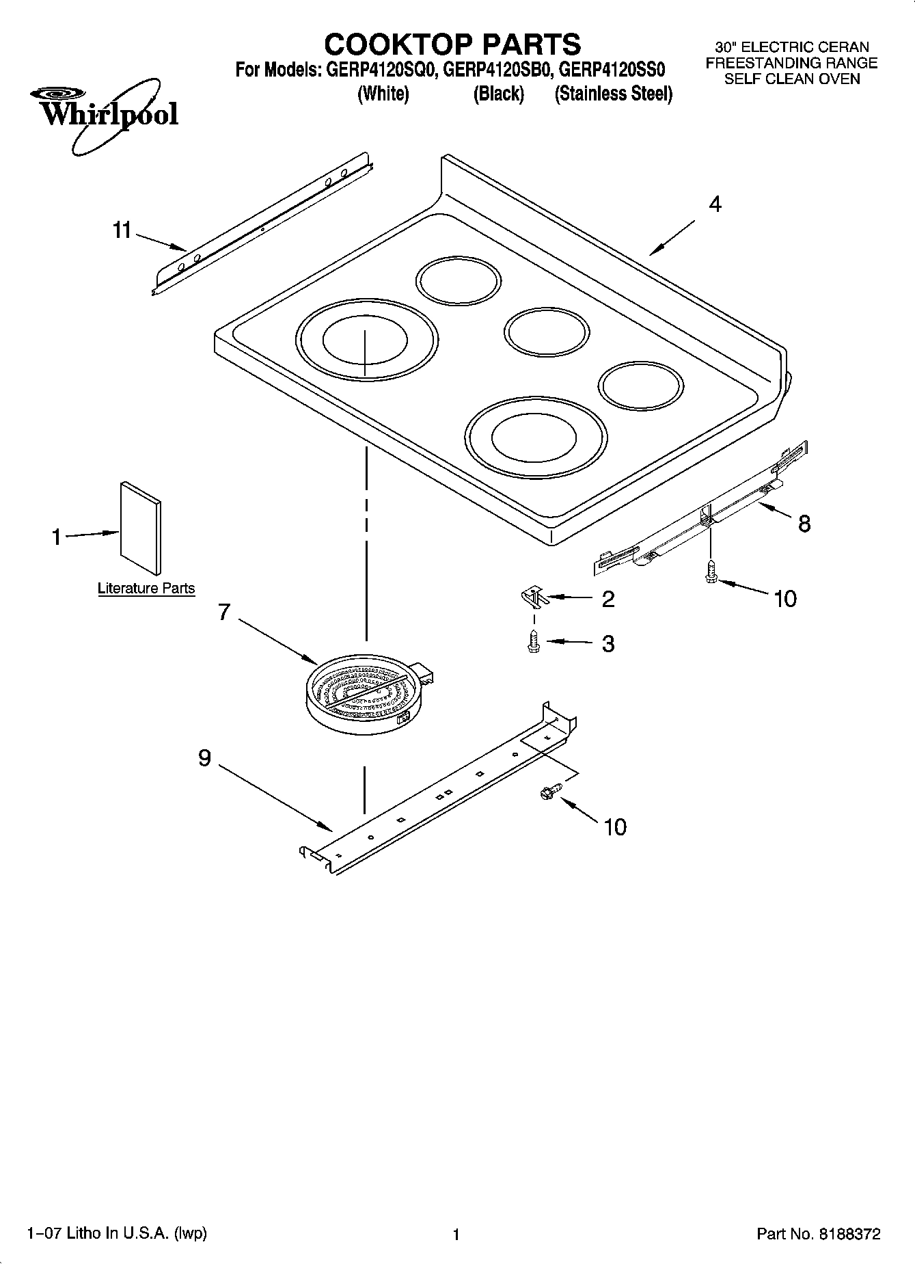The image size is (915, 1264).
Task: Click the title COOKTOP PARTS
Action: click(x=452, y=44)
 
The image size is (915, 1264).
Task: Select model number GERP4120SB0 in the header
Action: click(x=499, y=70)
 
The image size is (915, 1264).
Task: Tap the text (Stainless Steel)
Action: click(x=613, y=94)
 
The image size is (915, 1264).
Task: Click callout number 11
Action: click(x=122, y=231)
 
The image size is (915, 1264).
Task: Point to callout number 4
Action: click(x=715, y=204)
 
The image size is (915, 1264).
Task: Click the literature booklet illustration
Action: click(x=141, y=527)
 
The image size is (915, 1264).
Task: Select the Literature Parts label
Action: click(x=146, y=589)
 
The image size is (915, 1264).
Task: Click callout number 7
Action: click(x=224, y=612)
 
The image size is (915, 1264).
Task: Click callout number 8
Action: click(x=804, y=524)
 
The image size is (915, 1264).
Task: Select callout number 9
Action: click(x=205, y=758)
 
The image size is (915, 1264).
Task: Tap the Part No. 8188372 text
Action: click(x=818, y=1234)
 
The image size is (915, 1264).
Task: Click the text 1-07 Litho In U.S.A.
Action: click(x=116, y=1233)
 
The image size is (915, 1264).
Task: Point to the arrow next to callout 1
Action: click(x=93, y=535)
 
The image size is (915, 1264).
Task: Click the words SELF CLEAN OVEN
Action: click(x=791, y=79)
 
